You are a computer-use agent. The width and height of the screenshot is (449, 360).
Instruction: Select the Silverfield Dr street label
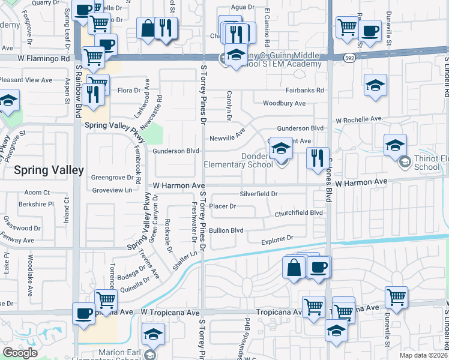point(259,194)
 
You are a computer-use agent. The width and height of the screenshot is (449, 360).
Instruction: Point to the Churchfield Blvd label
point(299,213)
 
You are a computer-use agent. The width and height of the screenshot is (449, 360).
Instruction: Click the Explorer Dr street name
point(277,239)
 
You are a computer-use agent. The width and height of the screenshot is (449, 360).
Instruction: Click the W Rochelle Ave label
point(359,119)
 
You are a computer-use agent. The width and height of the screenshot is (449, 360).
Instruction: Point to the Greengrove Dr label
point(112,178)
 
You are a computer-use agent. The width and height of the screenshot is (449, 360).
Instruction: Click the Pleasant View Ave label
point(26,80)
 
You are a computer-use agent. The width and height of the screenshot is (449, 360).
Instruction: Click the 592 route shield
point(349,58)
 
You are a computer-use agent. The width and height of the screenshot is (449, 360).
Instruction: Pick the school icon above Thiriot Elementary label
point(396,145)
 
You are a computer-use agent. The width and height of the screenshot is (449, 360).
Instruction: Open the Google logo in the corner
point(20,353)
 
